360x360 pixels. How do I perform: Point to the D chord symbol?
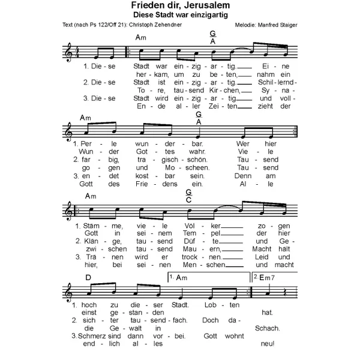[x=88, y=278]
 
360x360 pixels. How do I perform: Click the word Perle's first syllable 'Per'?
[x=85, y=145]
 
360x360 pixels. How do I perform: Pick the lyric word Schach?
[x=263, y=328]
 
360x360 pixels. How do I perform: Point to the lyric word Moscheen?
[x=189, y=169]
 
